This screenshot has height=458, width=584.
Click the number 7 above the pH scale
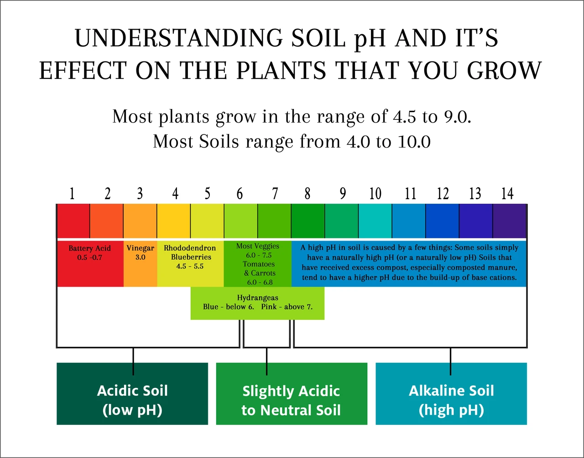pos(275,193)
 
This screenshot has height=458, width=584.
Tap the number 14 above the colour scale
pos(507,193)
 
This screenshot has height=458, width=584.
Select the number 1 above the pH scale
pos(72,193)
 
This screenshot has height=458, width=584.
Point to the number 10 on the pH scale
pos(375,193)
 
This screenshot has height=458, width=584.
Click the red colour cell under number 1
pos(73,221)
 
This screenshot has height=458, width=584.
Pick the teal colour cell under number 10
pos(375,221)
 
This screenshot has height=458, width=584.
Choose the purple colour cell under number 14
pos(509,221)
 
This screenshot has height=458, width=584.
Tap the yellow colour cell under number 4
pos(174,221)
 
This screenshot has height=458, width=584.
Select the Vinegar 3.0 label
pos(140,252)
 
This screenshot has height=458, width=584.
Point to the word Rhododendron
pos(190,248)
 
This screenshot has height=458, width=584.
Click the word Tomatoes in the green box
pos(259,264)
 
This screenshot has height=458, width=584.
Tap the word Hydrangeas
pos(257,298)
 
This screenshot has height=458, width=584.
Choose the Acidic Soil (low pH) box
pos(132,394)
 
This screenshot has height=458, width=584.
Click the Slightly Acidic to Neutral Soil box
pos(292,394)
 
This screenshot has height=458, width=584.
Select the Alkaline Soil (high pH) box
pos(451,394)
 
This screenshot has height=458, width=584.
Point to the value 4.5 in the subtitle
pos(405,117)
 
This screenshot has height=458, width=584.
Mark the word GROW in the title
pos(504,70)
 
